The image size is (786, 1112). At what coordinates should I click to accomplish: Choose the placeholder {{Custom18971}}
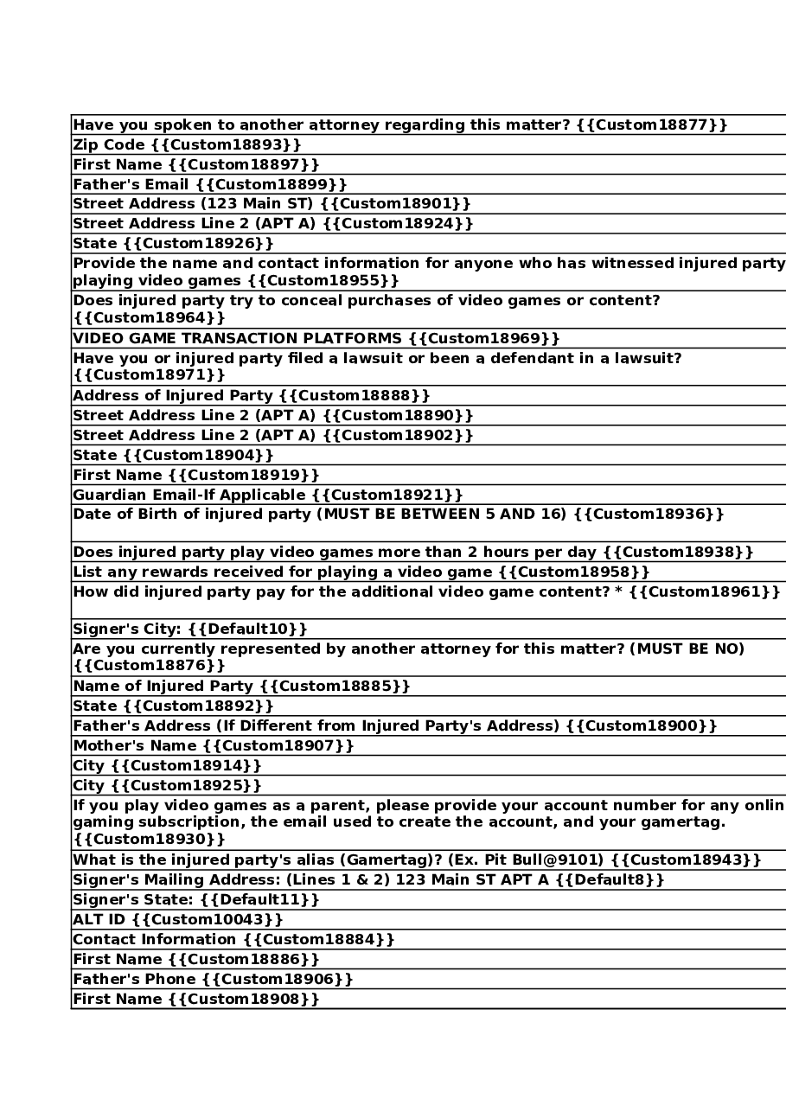[x=149, y=374]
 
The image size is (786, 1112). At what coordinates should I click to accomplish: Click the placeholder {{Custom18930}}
[x=149, y=839]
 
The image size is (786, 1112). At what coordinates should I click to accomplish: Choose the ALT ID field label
[x=99, y=920]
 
